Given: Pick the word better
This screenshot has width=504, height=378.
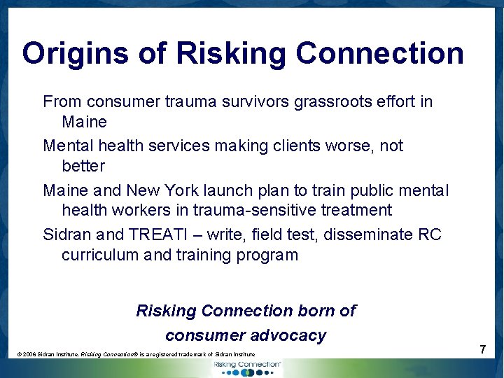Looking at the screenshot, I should click(x=83, y=167).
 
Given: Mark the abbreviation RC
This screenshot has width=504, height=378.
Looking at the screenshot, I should click(x=430, y=234).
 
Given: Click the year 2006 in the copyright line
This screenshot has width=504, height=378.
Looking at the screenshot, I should click(x=29, y=355).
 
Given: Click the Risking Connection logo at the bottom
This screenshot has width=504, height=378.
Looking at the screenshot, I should click(x=246, y=367).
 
